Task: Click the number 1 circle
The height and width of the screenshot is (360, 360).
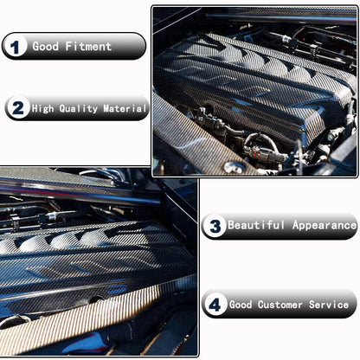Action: click(x=16, y=46)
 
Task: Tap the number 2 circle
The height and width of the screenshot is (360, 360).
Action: click(x=16, y=109)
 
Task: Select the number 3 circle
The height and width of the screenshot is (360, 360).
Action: click(x=215, y=226)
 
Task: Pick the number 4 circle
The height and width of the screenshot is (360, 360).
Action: click(x=215, y=305)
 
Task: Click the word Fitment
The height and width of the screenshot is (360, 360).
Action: click(x=87, y=46)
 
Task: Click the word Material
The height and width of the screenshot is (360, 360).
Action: click(x=123, y=109)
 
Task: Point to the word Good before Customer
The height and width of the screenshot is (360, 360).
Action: click(x=241, y=305)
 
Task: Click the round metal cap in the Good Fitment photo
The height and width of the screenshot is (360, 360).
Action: click(x=232, y=166)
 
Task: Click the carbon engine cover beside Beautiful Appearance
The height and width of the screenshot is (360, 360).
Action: click(x=87, y=260)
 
